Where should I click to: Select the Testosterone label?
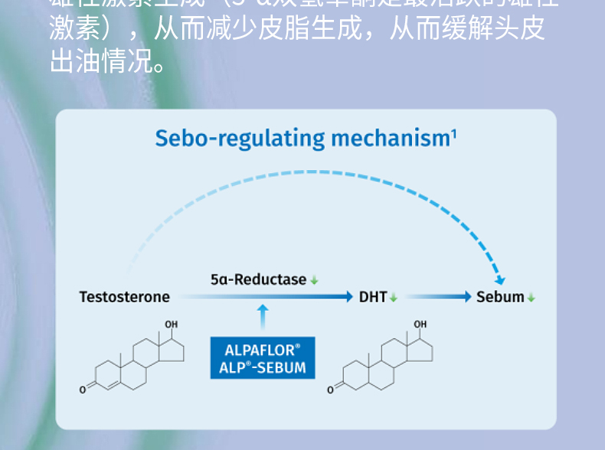click(124, 297)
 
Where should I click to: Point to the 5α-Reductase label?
click(258, 280)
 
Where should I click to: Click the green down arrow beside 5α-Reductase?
click(314, 281)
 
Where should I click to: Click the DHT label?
click(373, 297)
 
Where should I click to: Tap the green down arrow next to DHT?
click(394, 298)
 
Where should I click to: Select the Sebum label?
click(500, 297)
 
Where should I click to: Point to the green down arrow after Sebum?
click(531, 298)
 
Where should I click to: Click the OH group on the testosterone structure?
click(171, 325)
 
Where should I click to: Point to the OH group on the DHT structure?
click(420, 325)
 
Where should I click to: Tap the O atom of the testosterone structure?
click(82, 390)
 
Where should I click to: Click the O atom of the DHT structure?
click(331, 390)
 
